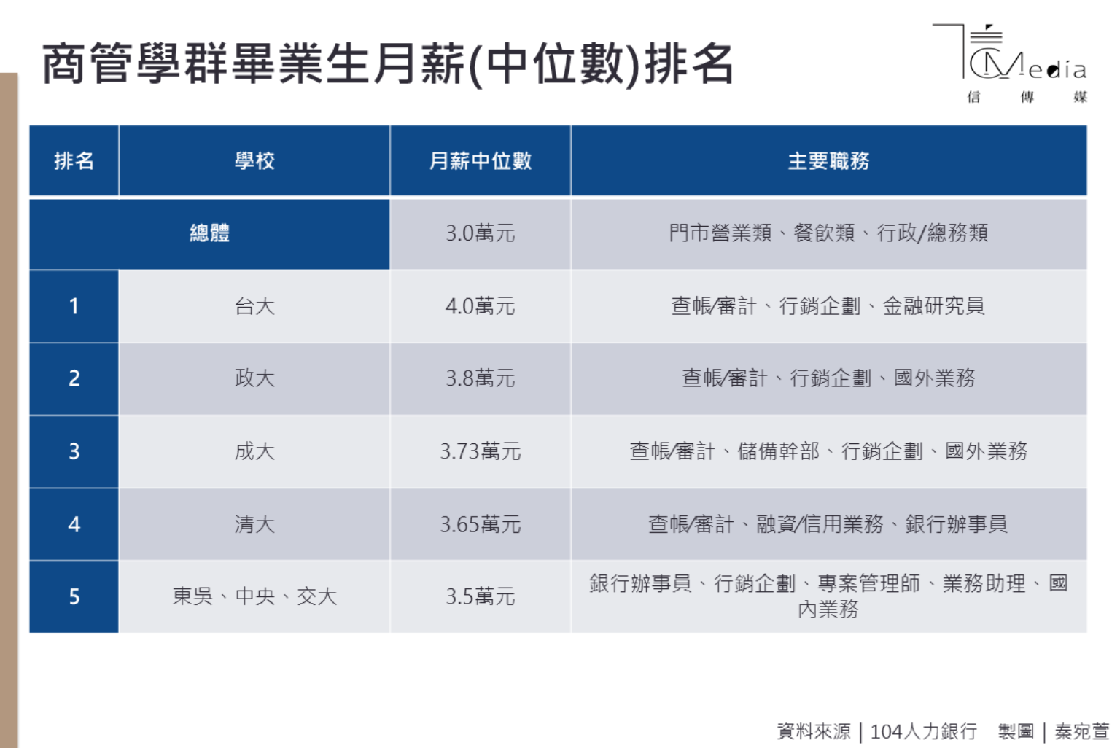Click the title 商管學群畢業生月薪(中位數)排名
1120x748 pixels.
(388, 64)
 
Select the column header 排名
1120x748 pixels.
(74, 161)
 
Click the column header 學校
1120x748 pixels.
(254, 161)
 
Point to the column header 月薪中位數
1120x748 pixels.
(481, 161)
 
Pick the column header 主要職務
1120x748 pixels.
(828, 161)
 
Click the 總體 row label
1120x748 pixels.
(209, 233)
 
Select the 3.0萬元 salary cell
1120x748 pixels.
(481, 233)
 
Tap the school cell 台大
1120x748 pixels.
(254, 306)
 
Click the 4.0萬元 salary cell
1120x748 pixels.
(481, 306)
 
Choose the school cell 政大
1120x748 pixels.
(254, 378)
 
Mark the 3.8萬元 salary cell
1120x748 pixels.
(481, 378)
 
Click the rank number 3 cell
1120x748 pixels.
(74, 451)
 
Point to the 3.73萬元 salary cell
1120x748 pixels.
(481, 451)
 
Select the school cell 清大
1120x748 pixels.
(254, 524)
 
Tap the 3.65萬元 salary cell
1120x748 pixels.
(481, 524)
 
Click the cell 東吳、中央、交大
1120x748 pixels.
(254, 596)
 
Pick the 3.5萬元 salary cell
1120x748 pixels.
(481, 596)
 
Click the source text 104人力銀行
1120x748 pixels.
(923, 731)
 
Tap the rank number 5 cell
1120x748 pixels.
(74, 596)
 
